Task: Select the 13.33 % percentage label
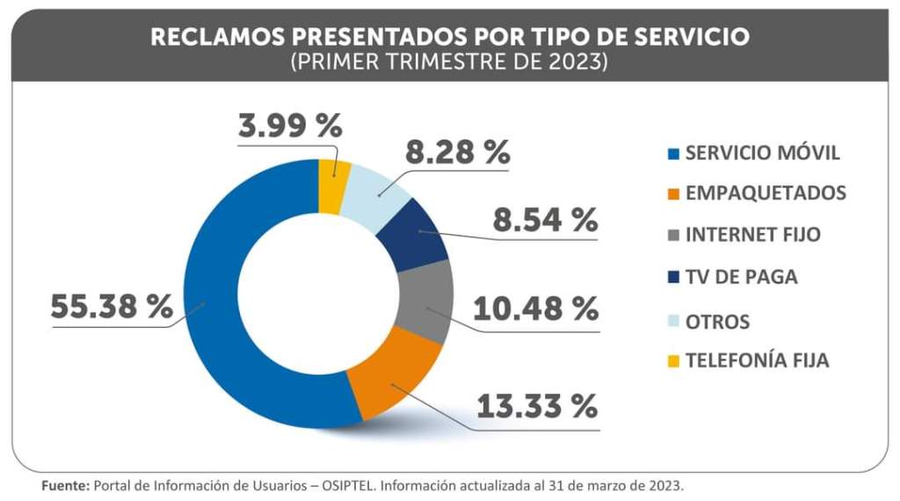click(537, 406)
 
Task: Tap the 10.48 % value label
click(536, 309)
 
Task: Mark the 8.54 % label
click(545, 220)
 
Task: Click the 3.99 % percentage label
click(289, 126)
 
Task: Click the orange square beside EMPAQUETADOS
click(674, 194)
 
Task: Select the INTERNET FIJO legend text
click(752, 236)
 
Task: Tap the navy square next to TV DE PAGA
click(674, 278)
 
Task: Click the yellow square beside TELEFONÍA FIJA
click(674, 360)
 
